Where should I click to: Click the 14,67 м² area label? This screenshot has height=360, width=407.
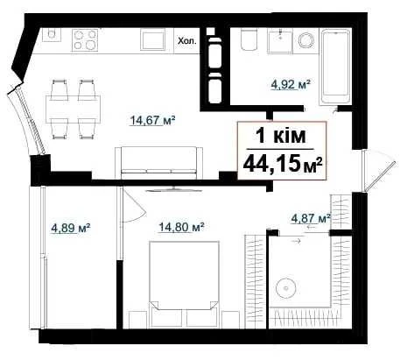152,120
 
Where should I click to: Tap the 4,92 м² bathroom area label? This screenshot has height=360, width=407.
290,85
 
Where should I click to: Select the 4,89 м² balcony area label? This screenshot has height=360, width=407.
70,228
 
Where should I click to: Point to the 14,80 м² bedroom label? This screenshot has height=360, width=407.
180,227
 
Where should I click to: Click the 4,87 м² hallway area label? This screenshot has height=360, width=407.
311,218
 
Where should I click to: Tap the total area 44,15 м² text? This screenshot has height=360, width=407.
283,165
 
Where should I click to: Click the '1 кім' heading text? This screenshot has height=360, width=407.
281,136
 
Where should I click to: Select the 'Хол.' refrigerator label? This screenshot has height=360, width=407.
187,41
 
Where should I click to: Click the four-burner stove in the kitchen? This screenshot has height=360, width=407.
85,39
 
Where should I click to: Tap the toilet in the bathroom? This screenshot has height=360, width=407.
249,39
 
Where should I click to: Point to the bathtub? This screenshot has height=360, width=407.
335,66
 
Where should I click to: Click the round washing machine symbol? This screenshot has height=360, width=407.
306,39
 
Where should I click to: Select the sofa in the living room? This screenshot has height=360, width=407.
158,163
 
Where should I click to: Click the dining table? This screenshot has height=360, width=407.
73,109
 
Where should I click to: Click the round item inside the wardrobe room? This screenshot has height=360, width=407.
286,288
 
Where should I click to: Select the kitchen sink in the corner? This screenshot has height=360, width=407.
52,35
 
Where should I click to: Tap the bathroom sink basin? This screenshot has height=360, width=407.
280,41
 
